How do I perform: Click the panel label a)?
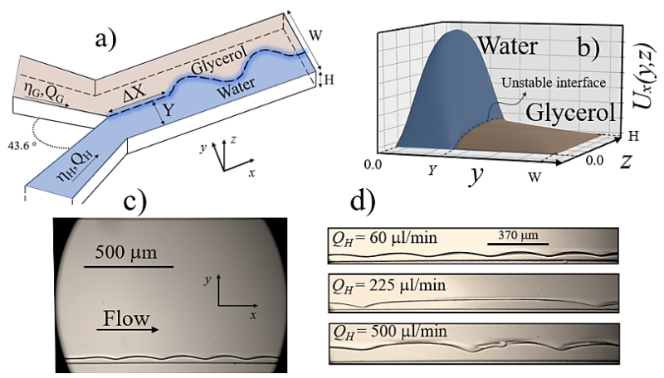(106, 41)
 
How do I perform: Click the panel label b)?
(589, 47)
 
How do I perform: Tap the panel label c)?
(134, 202)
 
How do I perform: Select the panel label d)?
(363, 201)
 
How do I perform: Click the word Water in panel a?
(237, 88)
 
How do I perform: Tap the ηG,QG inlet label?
(45, 93)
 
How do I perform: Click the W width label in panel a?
(315, 35)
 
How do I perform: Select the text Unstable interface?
(554, 82)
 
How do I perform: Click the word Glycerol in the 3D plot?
(570, 112)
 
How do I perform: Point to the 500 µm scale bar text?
(126, 253)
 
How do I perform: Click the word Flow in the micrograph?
(127, 318)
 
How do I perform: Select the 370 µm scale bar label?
(518, 235)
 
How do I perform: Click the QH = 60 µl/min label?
(384, 239)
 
